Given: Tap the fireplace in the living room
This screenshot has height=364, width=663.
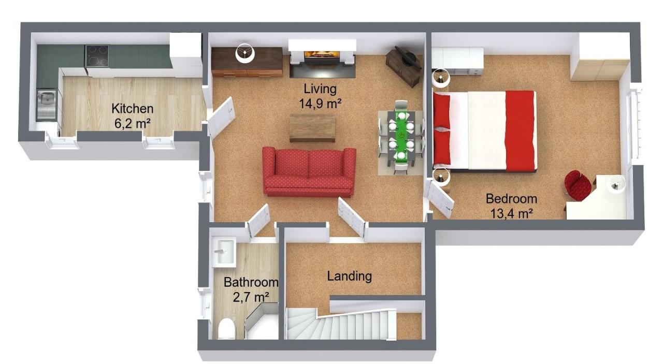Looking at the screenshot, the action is pos(322,59).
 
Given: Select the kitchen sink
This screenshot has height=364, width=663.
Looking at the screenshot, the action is pos(47,105).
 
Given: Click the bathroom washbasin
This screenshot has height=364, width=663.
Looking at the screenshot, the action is pos(224,252).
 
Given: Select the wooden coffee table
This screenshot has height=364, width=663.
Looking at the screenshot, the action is pos(312,128).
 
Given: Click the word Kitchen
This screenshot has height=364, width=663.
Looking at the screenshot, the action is pos(132,109).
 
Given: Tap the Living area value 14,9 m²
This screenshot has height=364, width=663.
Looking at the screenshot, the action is pos(320,104).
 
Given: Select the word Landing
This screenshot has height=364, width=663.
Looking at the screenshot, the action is pos(349,276).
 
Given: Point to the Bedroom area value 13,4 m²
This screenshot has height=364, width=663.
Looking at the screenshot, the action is pos(512,213).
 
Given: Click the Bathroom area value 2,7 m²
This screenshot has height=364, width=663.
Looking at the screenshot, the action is pos(251,297).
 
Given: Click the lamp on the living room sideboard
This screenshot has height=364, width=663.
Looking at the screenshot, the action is pos(245,53).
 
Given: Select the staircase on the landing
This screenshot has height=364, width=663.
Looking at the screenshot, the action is pos(341,324).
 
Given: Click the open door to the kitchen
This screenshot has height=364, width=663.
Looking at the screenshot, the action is pos(221,117).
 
